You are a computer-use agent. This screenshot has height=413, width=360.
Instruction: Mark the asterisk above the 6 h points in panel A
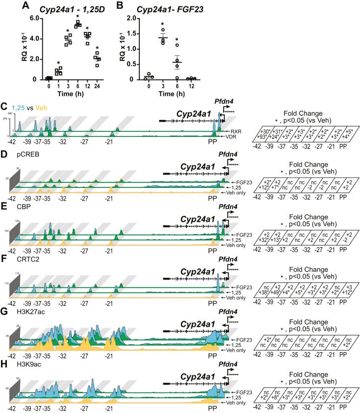pos(77,16)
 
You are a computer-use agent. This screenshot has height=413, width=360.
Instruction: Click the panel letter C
pos(4,107)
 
